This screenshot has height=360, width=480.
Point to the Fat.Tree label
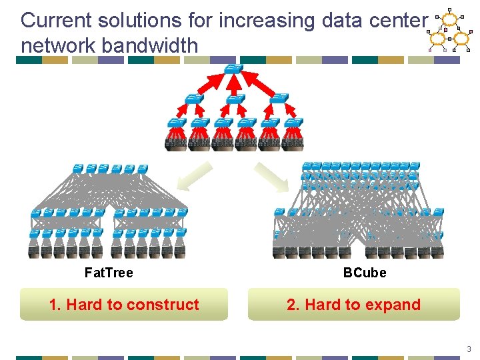click(x=109, y=273)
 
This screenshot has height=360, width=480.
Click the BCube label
click(x=365, y=273)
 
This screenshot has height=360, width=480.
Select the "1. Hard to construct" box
click(x=124, y=305)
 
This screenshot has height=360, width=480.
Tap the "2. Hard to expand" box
click(x=354, y=305)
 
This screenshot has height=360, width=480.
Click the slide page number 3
click(x=469, y=349)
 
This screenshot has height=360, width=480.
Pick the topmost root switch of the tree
click(x=233, y=68)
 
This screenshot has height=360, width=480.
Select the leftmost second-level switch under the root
click(x=193, y=99)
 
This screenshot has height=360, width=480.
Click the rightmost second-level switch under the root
click(x=279, y=99)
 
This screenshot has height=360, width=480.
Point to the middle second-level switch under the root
click(x=235, y=99)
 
